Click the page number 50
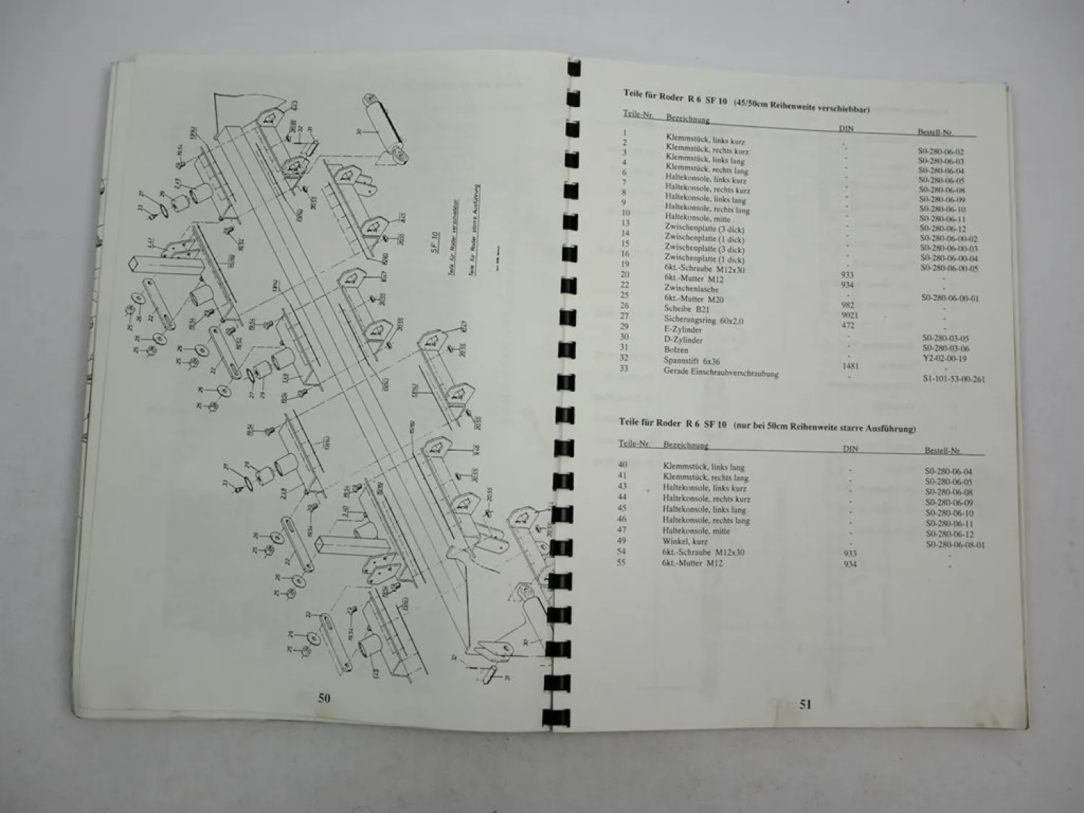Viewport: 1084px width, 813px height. click(324, 698)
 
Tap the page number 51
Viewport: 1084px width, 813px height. click(805, 704)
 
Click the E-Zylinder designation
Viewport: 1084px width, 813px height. click(683, 330)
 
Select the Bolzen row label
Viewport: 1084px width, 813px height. click(676, 350)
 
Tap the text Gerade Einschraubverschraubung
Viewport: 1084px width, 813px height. click(720, 373)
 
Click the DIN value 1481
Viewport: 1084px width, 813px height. click(851, 366)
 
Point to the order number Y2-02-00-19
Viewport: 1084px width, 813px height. click(945, 358)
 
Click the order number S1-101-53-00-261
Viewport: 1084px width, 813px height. click(954, 379)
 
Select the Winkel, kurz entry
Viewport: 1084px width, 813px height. click(685, 541)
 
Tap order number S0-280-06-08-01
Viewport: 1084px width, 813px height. click(955, 545)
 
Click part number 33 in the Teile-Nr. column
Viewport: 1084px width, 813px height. click(624, 369)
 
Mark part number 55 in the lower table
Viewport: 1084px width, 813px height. click(622, 562)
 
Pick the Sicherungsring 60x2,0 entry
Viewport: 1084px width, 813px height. click(704, 319)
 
